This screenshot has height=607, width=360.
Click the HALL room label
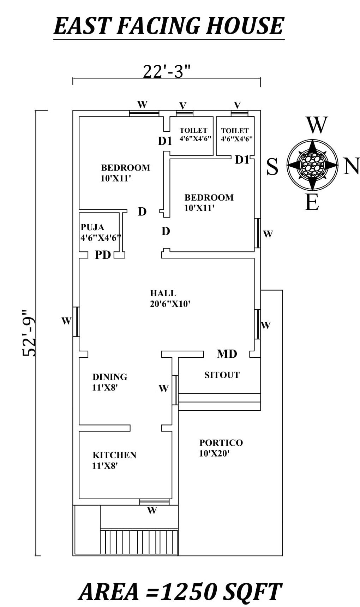163,293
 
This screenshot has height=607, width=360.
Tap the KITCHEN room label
114,455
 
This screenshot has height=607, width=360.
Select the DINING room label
110,377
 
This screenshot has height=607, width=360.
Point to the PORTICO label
221,442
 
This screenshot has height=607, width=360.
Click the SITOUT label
222,375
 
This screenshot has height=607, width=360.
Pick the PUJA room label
92,227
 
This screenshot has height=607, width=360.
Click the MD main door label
227,353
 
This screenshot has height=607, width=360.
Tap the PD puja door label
103,255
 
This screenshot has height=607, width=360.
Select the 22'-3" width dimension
167,72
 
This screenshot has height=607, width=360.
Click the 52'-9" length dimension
29,333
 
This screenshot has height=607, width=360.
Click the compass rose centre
312,165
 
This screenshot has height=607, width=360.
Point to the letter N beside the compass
351,166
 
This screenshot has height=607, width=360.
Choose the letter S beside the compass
272,167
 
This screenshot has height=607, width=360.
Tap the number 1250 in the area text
189,592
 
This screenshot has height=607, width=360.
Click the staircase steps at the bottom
139,541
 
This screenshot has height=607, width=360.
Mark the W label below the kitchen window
152,510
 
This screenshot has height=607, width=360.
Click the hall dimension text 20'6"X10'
170,304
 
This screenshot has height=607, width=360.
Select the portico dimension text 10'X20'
214,453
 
